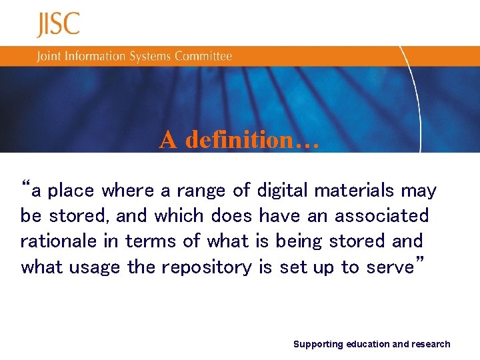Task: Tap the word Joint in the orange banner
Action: [48, 56]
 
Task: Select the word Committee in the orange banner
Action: [203, 56]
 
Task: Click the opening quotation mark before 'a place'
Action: [26, 185]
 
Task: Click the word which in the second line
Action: [179, 216]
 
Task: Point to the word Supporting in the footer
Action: [318, 345]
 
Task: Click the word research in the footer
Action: [431, 345]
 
